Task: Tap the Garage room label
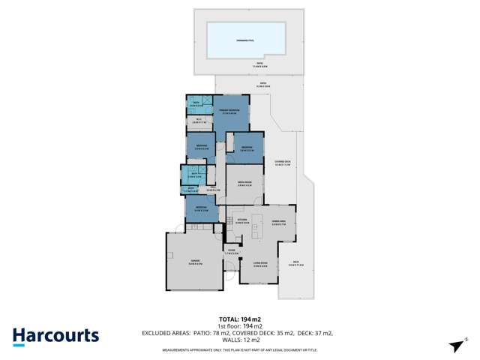pos(194,261)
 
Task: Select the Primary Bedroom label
pos(229,112)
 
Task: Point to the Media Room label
pos(244,184)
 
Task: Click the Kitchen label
pos(241,221)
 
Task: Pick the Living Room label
pos(260,265)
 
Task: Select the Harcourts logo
pos(55,335)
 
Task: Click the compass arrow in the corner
pos(455,345)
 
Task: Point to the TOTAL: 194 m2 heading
pos(239,319)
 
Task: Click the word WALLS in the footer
pos(226,338)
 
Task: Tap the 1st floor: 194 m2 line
pos(239,326)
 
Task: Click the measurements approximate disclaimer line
pos(239,349)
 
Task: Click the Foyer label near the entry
pos(232,252)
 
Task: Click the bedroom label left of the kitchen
pos(200,209)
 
